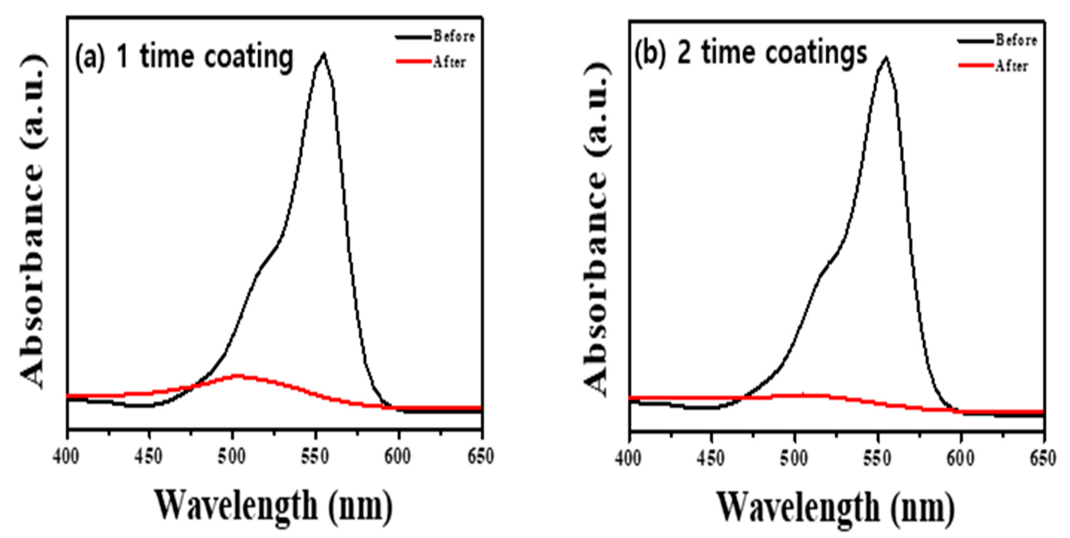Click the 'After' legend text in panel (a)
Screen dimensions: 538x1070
click(x=449, y=62)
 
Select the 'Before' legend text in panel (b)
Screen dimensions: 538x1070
click(x=1016, y=40)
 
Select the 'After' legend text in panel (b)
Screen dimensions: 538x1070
click(x=1011, y=66)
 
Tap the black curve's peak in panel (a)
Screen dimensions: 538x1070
click(x=324, y=54)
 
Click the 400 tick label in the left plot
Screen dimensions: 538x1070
click(x=67, y=457)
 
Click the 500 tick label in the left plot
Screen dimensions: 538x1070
click(x=232, y=457)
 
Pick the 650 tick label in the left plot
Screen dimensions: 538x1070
click(x=481, y=457)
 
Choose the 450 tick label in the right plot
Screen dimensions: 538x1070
click(x=711, y=459)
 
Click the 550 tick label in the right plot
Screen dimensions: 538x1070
click(x=878, y=459)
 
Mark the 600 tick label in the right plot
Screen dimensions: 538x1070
click(x=961, y=459)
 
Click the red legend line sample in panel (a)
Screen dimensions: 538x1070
click(x=413, y=62)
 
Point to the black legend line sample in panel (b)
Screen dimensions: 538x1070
click(x=976, y=40)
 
